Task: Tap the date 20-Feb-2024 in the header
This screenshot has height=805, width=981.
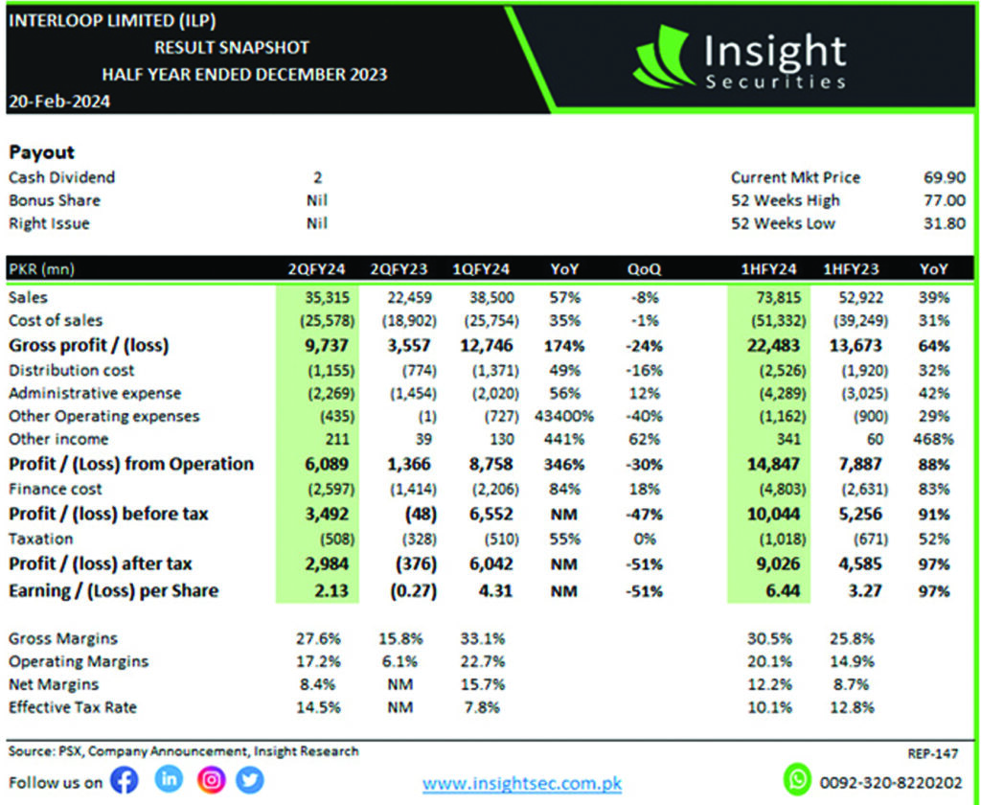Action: click(58, 102)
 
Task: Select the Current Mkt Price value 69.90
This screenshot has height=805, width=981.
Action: click(946, 177)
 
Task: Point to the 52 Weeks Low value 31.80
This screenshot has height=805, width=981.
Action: click(946, 223)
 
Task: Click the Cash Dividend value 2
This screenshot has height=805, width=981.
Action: click(317, 177)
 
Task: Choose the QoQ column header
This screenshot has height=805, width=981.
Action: click(645, 269)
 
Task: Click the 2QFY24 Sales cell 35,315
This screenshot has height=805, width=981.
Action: click(316, 297)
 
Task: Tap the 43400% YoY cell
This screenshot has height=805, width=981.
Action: click(564, 416)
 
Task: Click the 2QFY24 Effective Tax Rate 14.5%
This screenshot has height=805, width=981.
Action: click(316, 707)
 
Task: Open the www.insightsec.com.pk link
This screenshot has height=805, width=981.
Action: click(522, 784)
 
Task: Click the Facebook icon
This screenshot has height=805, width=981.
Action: click(125, 781)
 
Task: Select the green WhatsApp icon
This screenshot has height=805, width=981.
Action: click(797, 779)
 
